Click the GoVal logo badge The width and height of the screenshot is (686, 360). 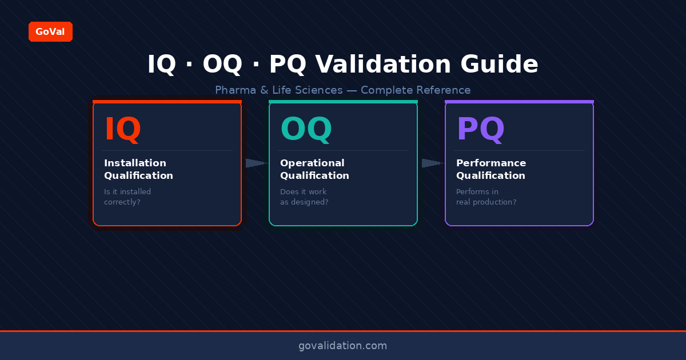pyautogui.click(x=50, y=32)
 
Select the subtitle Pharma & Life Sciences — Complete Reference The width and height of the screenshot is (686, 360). pyautogui.click(x=342, y=90)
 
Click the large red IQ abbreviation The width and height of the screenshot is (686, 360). pyautogui.click(x=122, y=130)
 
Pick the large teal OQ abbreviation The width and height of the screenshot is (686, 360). pyautogui.click(x=306, y=130)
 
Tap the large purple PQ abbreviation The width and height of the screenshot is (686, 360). pyautogui.click(x=480, y=130)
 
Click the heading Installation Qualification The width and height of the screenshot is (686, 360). pyautogui.click(x=138, y=170)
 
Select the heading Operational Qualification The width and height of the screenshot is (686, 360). pyautogui.click(x=314, y=170)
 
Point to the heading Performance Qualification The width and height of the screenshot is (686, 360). pyautogui.click(x=491, y=170)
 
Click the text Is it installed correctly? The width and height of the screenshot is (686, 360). pyautogui.click(x=127, y=197)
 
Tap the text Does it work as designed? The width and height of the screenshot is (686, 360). pyautogui.click(x=304, y=197)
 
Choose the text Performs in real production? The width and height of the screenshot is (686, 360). pyautogui.click(x=486, y=197)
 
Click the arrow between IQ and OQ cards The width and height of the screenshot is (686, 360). pyautogui.click(x=256, y=163)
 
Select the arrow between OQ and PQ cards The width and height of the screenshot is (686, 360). pyautogui.click(x=432, y=163)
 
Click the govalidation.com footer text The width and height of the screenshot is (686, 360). pyautogui.click(x=342, y=346)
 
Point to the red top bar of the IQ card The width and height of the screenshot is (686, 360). pyautogui.click(x=167, y=102)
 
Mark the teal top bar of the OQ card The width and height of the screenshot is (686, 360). pyautogui.click(x=343, y=102)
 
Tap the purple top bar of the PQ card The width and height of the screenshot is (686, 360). pyautogui.click(x=519, y=102)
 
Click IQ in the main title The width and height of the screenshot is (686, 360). pyautogui.click(x=162, y=65)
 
